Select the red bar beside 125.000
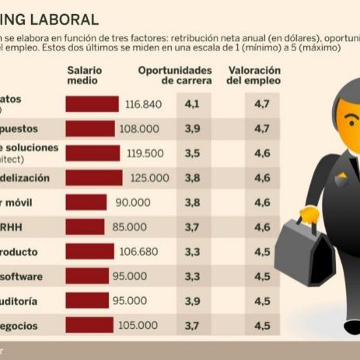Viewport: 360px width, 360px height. pyautogui.click(x=94, y=178)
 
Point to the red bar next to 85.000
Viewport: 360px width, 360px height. pyautogui.click(x=85, y=227)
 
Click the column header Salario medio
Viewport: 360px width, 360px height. pyautogui.click(x=83, y=75)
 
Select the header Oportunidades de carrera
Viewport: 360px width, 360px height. pyautogui.click(x=175, y=75)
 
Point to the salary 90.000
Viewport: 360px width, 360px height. pyautogui.click(x=132, y=202)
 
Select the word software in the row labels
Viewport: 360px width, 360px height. pyautogui.click(x=22, y=276)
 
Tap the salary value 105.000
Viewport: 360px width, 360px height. pyautogui.click(x=137, y=325)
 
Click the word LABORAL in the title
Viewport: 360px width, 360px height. pyautogui.click(x=66, y=19)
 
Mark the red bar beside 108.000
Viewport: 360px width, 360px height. pyautogui.click(x=89, y=129)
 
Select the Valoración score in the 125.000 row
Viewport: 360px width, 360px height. pyautogui.click(x=261, y=178)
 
